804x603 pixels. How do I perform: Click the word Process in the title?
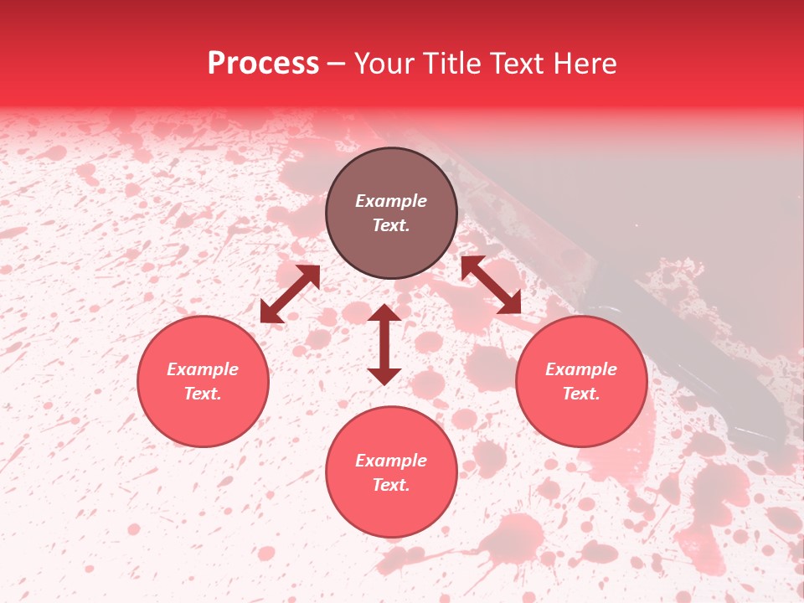tap(263, 64)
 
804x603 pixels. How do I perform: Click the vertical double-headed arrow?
tap(384, 344)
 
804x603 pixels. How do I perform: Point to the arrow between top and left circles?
tap(290, 294)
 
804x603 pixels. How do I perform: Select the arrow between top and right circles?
tap(491, 285)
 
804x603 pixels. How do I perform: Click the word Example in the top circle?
tap(391, 201)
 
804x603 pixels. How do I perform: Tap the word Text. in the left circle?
tap(203, 394)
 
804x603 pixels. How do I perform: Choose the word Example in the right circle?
tap(581, 369)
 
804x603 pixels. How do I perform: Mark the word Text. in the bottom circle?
tap(391, 485)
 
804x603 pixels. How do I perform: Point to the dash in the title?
tap(337, 64)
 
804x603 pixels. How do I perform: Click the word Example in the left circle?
tap(203, 369)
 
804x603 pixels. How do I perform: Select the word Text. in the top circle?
tap(391, 225)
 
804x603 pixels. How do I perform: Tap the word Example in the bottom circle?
tap(391, 461)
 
